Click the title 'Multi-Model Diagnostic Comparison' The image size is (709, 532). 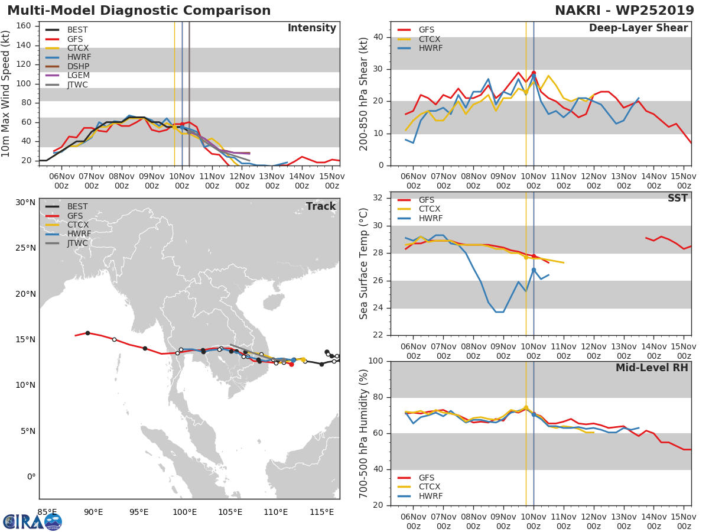(x=139, y=11)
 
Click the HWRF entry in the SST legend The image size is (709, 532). (x=430, y=219)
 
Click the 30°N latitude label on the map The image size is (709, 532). (x=25, y=202)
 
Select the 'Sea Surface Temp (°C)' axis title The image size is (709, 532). (x=364, y=264)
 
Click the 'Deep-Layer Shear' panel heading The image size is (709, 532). (x=638, y=28)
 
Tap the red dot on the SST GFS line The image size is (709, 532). (x=534, y=256)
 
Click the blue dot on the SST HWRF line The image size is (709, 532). (x=534, y=270)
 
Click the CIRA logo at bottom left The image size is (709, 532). (x=32, y=521)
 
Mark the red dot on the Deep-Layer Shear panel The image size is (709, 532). (x=534, y=73)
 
